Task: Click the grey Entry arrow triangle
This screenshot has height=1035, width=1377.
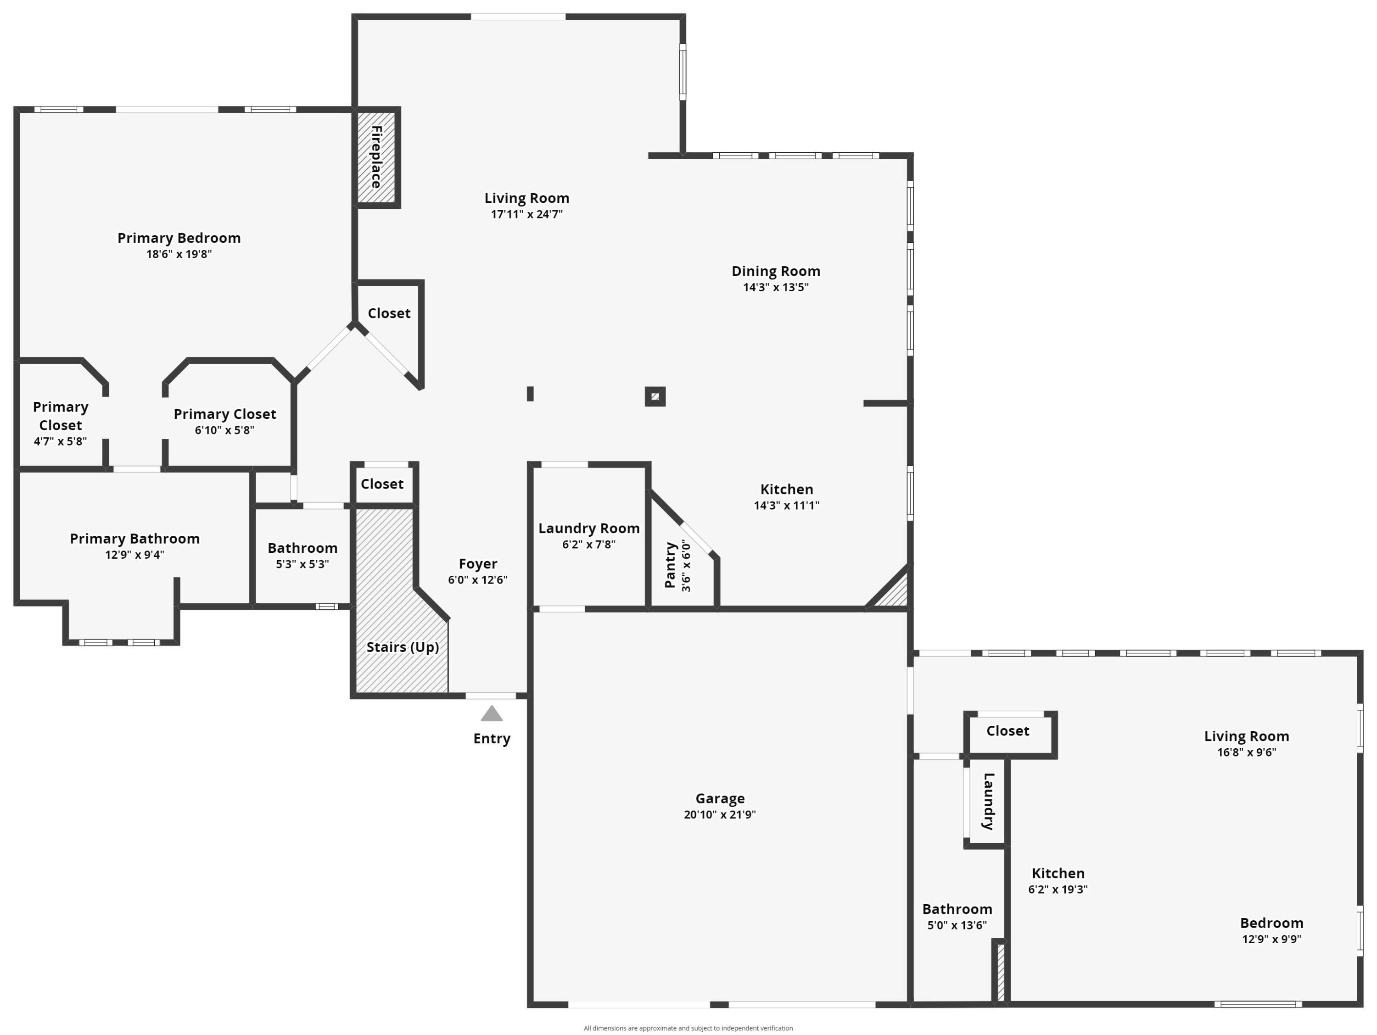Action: tap(492, 714)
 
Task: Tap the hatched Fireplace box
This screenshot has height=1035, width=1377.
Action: tap(377, 157)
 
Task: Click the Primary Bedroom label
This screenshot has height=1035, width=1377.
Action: tap(179, 238)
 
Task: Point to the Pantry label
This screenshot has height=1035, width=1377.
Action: tap(671, 565)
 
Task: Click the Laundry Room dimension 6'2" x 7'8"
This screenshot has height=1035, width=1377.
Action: tap(589, 545)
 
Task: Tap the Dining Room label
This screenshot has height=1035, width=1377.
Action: tap(776, 271)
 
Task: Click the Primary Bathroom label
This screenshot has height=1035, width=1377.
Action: tap(134, 538)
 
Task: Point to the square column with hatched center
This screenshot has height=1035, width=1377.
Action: tap(655, 396)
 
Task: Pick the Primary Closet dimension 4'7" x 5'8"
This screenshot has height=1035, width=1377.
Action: tap(61, 441)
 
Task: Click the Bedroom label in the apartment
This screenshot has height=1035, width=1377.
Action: tap(1271, 923)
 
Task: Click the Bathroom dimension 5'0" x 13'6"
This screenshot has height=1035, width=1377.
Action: tap(957, 925)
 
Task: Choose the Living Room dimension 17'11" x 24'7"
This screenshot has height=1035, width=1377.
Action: tap(526, 215)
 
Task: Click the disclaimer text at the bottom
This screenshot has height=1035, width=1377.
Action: tap(688, 1028)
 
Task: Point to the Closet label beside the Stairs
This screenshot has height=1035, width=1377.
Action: tap(382, 484)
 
